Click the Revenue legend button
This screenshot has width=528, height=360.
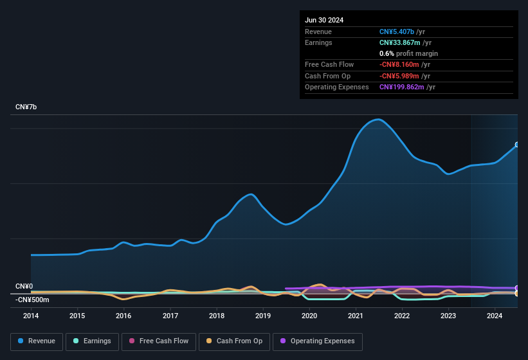pyautogui.click(x=37, y=341)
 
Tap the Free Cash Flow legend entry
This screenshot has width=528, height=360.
pyautogui.click(x=158, y=341)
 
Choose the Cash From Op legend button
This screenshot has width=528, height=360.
pyautogui.click(x=234, y=341)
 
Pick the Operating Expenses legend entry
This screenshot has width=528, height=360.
pyautogui.click(x=317, y=341)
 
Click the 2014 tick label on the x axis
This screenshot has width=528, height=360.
pyautogui.click(x=31, y=316)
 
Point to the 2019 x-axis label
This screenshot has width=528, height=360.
pyautogui.click(x=263, y=316)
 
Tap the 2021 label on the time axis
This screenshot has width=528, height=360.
pyautogui.click(x=356, y=316)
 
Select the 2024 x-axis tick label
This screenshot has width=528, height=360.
pyautogui.click(x=495, y=316)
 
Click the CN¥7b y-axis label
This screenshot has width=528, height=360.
pyautogui.click(x=26, y=107)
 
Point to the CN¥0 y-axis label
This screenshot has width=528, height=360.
pyautogui.click(x=24, y=286)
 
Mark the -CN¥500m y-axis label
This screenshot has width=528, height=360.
pyautogui.click(x=32, y=300)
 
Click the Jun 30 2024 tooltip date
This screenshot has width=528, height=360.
pyautogui.click(x=324, y=20)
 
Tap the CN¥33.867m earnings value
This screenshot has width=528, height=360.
pyautogui.click(x=399, y=42)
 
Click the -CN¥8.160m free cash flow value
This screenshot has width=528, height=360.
pyautogui.click(x=399, y=64)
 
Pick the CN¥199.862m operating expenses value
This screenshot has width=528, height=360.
pyautogui.click(x=401, y=87)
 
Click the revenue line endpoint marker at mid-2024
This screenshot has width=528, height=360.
pyautogui.click(x=516, y=145)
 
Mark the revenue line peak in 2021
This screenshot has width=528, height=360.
pyautogui.click(x=378, y=119)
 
